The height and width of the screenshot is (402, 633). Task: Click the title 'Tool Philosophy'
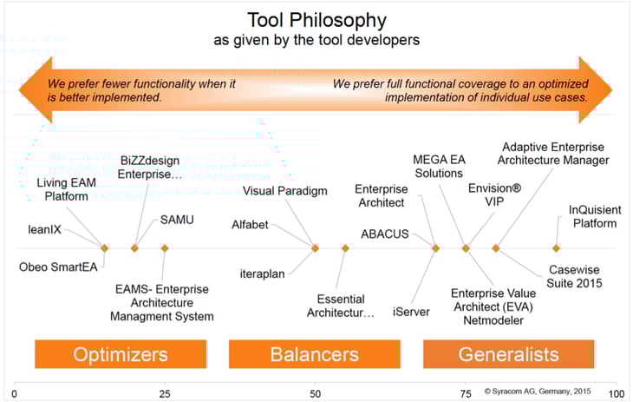coord(316,20)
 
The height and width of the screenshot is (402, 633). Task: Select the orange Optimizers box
coord(121,354)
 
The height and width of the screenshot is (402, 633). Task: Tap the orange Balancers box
coord(314,354)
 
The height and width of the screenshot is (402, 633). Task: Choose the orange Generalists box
coord(508,354)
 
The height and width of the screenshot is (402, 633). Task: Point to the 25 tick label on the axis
coord(164,392)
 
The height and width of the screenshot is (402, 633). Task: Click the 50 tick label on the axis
coord(315,392)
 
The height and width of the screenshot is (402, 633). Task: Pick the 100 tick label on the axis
coord(615,392)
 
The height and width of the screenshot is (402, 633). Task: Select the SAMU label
coord(176,220)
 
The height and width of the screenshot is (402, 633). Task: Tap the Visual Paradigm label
coord(284,191)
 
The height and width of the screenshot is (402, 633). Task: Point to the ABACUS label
coord(385,233)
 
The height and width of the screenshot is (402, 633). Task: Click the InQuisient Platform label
coord(593,216)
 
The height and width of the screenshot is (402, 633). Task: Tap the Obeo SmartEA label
coord(57,266)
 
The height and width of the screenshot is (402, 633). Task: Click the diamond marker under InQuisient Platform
coord(557,248)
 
